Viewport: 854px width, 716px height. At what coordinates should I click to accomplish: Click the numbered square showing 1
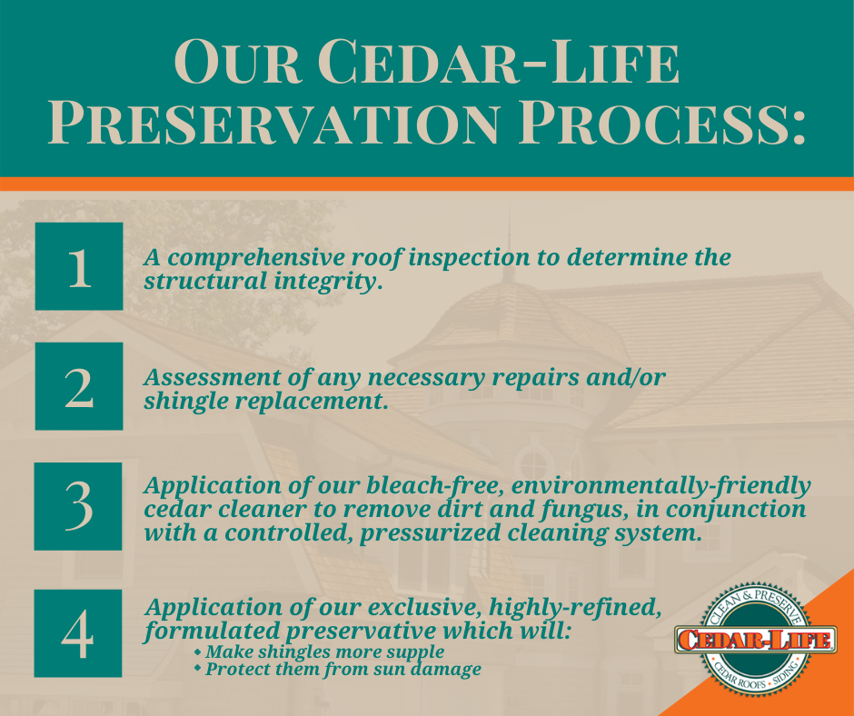(79, 266)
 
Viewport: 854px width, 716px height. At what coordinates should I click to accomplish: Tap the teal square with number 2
(79, 386)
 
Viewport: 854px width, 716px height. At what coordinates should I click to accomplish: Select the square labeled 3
(78, 506)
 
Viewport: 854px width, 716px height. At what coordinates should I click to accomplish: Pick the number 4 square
(78, 633)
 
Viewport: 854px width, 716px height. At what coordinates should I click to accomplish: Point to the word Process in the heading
(661, 124)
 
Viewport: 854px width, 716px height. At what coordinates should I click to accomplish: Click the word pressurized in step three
(430, 533)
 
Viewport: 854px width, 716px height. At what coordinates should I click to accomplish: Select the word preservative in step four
(361, 631)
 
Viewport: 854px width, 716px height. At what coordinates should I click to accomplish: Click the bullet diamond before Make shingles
(198, 651)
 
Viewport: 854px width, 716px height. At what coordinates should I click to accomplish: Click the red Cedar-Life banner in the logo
(755, 639)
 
